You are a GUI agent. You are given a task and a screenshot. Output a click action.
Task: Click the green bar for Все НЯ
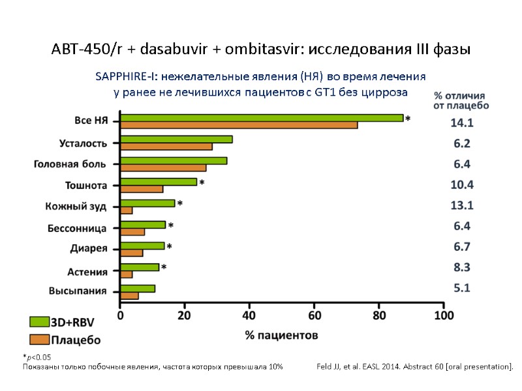point(261,118)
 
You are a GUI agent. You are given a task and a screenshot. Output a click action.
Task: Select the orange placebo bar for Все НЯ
point(238,125)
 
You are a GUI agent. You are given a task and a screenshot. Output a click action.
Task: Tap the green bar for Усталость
point(176,139)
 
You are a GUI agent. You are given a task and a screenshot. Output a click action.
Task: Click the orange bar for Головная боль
point(163,167)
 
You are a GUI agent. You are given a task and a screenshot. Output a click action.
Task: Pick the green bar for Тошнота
point(159,182)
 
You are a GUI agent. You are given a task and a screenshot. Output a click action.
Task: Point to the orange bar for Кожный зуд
point(127,210)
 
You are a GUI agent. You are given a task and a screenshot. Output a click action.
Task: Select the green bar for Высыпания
point(138,289)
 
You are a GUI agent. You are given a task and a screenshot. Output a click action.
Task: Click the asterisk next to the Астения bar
point(164,268)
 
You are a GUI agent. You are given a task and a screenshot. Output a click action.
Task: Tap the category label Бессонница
point(77,229)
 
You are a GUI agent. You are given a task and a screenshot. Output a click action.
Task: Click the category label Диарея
point(88,248)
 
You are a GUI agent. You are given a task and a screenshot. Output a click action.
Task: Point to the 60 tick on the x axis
point(314,315)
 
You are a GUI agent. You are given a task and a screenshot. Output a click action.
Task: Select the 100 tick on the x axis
point(444,315)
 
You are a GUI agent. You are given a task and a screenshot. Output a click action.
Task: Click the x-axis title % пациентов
point(281,335)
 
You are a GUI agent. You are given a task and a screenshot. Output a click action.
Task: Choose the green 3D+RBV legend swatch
point(40,321)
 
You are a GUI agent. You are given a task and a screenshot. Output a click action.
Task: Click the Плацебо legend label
point(76,340)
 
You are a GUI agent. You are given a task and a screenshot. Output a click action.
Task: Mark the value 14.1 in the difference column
point(461,123)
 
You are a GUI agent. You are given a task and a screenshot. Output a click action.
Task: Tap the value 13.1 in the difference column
point(461,206)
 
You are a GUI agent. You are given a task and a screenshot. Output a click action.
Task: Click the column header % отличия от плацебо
point(461,100)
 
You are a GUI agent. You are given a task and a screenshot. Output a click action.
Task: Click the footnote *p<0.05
point(37,357)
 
